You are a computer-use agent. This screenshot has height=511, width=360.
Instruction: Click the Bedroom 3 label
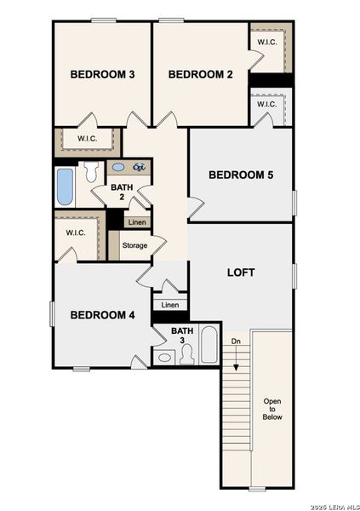102,74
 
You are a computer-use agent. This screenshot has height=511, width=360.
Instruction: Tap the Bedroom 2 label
200,74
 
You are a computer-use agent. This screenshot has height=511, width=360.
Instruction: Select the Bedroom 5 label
241,175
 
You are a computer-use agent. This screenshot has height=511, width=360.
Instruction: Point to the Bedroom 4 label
102,315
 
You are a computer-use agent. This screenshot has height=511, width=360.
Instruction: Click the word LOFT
241,273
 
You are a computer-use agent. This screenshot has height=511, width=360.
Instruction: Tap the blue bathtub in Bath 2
65,187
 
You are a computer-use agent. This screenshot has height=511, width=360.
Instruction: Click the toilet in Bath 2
91,172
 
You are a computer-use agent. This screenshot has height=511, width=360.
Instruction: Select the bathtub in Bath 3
209,344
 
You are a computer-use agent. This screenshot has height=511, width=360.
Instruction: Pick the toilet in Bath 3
187,355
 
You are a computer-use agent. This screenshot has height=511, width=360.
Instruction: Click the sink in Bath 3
164,358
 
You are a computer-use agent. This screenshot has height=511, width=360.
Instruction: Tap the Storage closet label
134,245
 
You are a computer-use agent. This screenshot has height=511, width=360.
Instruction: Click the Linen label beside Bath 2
137,222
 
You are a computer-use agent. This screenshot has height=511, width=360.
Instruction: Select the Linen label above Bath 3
170,305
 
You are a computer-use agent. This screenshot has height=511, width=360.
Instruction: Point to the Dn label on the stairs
236,342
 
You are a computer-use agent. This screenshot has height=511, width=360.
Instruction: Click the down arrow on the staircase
236,358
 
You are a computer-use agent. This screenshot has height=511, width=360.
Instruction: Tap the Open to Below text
272,409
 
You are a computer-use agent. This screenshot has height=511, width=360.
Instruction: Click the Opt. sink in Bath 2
139,168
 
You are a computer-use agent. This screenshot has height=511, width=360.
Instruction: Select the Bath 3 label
182,336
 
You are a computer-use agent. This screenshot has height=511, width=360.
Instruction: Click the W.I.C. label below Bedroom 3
87,139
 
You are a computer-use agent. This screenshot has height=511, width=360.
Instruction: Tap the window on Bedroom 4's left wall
51,313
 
